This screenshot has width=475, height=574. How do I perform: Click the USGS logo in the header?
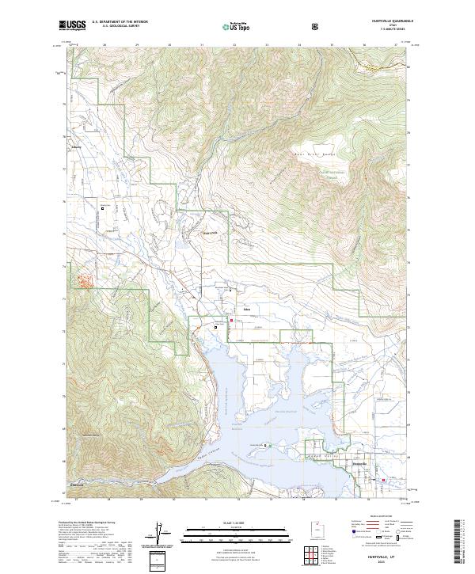pyautogui.click(x=73, y=25)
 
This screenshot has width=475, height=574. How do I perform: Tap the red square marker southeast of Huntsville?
pyautogui.click(x=384, y=479)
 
